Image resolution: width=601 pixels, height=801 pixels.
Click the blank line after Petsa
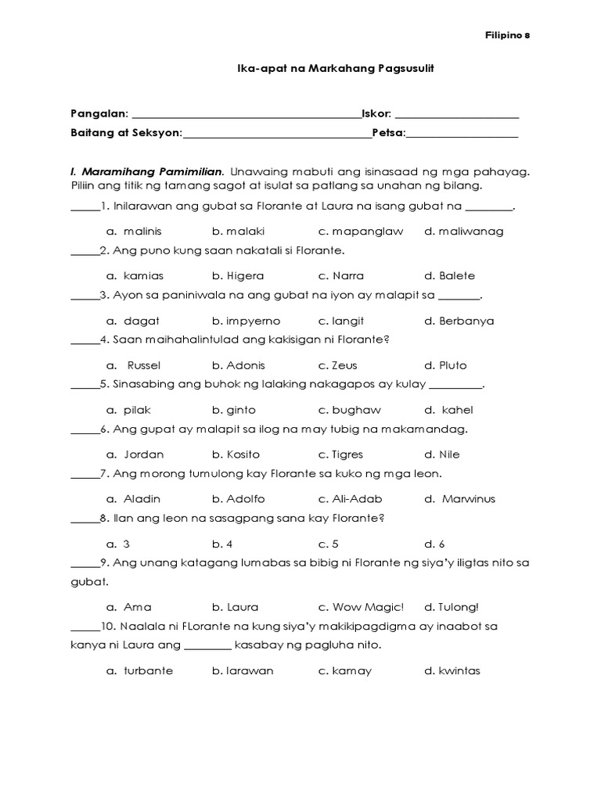462,134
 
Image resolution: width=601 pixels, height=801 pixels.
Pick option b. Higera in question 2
238,276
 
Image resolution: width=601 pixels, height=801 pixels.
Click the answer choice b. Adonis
238,365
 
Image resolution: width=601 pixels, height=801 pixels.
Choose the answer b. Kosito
237,454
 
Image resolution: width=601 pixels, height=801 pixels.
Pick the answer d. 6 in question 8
434,544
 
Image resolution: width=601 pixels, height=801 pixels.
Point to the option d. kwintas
452,671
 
